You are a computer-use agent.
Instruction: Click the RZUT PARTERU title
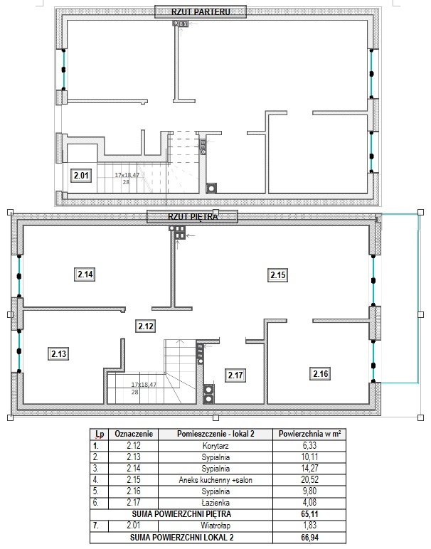point(201,11)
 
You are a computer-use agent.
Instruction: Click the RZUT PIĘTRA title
point(192,216)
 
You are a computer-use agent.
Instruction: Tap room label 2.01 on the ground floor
point(81,175)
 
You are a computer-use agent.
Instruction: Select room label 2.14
point(85,274)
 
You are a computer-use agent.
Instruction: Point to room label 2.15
point(278,274)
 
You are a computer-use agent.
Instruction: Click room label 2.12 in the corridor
point(146,326)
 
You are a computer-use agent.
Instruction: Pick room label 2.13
point(58,353)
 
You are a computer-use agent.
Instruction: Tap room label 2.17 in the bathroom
point(235,375)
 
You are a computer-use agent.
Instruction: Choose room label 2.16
point(320,373)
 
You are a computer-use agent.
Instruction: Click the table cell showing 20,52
point(309,480)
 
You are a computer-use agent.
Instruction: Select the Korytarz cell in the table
point(215,446)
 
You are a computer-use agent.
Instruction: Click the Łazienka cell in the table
point(215,503)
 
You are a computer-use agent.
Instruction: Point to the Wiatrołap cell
point(215,526)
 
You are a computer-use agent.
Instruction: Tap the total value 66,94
point(309,537)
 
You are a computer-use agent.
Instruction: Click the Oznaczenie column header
point(134,434)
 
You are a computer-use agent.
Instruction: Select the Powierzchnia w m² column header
point(309,434)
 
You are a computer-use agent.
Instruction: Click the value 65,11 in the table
point(309,514)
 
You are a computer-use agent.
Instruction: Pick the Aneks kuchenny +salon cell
point(215,480)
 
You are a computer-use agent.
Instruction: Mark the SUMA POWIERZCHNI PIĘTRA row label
point(181,514)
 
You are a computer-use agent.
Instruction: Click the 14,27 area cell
point(309,468)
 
